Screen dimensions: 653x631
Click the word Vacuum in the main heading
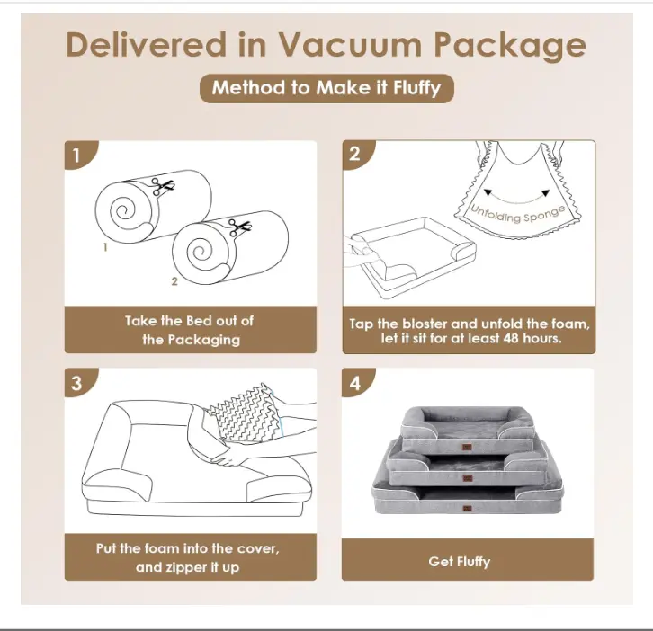pyautogui.click(x=350, y=45)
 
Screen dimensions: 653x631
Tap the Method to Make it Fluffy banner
pyautogui.click(x=326, y=88)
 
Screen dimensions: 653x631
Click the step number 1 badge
pyautogui.click(x=79, y=155)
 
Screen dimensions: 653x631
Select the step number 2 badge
pyautogui.click(x=357, y=154)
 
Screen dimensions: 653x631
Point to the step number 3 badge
pyautogui.click(x=79, y=382)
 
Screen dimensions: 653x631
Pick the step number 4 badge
pyautogui.click(x=357, y=382)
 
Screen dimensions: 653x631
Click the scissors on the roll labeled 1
pyautogui.click(x=163, y=186)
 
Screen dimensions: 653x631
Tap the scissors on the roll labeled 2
pyautogui.click(x=240, y=227)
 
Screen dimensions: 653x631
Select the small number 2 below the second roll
pyautogui.click(x=174, y=281)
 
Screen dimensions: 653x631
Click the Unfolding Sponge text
pyautogui.click(x=518, y=214)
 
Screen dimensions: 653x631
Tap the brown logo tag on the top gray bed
pyautogui.click(x=467, y=447)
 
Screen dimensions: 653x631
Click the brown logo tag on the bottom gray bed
pyautogui.click(x=467, y=508)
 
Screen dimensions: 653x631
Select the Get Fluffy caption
pyautogui.click(x=460, y=562)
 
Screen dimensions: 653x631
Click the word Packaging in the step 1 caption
pyautogui.click(x=204, y=340)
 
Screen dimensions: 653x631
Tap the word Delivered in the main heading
pyautogui.click(x=147, y=44)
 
